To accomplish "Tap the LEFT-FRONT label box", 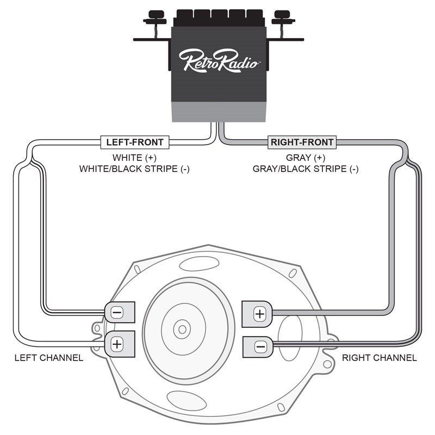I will pos(134,142).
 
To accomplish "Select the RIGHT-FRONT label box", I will pos(302,142).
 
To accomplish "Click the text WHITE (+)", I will pos(134,157).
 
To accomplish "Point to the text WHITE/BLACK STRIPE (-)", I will pos(134,169).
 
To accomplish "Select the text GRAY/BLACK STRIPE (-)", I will pos(305,169).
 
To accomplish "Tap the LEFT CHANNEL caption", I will pos(49,358).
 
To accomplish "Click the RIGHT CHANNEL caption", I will pos(379,358).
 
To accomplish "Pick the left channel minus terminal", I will pos(118,313).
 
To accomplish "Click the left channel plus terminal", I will pos(118,344).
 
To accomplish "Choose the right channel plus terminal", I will pos(259,313).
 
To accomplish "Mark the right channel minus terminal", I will pos(259,346).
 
